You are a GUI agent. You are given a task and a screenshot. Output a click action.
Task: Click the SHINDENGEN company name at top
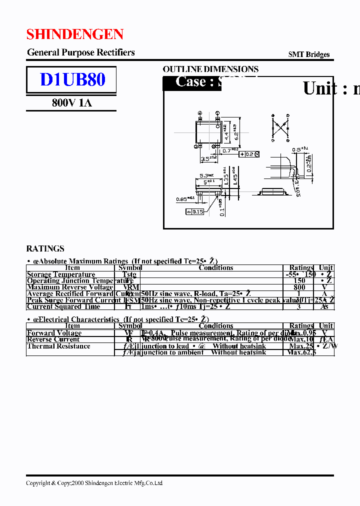[x=75, y=34]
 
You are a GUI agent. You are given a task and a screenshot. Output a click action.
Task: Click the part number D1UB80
[x=72, y=80]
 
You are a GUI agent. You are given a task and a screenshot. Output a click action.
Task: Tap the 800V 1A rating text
[x=72, y=103]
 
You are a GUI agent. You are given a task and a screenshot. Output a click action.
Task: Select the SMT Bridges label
[x=309, y=55]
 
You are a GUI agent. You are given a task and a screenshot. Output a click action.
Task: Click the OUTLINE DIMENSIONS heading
[x=210, y=69]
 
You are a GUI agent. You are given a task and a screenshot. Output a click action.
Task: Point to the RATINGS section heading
[x=45, y=248]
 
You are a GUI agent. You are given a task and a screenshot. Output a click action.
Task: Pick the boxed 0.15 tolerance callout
[x=194, y=212]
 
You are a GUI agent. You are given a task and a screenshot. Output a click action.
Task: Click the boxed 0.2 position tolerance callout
[x=249, y=154]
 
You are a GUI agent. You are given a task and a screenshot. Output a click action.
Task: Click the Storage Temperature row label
[x=61, y=274]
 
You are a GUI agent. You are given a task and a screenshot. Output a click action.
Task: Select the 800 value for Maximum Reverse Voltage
[x=299, y=287]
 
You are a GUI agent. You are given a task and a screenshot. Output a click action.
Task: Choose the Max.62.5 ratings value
[x=302, y=352]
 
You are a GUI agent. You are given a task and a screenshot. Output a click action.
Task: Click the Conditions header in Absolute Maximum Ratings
[x=216, y=268]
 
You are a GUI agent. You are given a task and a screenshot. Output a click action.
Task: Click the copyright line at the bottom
[x=94, y=483]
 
